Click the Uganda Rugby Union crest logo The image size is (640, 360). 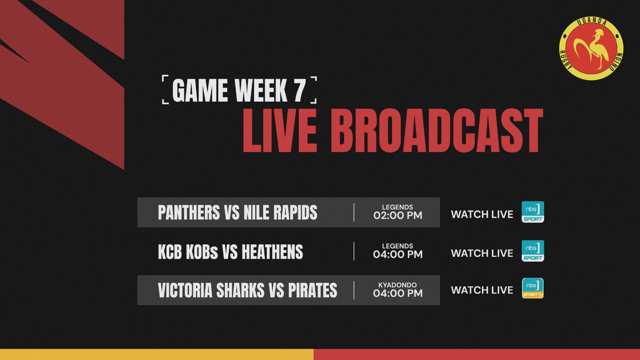tap(591, 48)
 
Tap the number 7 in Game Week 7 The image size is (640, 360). tap(300, 90)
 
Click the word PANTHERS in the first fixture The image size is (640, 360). tap(189, 212)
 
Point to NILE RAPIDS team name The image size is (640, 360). tap(280, 212)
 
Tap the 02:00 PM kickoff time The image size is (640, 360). tap(398, 215)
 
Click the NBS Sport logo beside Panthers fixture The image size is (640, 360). tap(533, 212)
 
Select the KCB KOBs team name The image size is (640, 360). tap(188, 252)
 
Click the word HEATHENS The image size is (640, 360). tap(272, 252)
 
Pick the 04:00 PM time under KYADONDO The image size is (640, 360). tap(398, 293)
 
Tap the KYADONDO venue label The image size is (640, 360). tap(398, 285)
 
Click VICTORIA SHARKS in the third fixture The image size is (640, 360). tap(211, 290)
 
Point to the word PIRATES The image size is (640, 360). tap(312, 290)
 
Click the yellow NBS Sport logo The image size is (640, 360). tap(533, 288)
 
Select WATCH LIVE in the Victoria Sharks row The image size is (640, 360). tap(482, 290)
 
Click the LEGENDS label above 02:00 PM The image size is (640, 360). tap(398, 207)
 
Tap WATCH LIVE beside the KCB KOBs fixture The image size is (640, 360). tap(482, 253)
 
